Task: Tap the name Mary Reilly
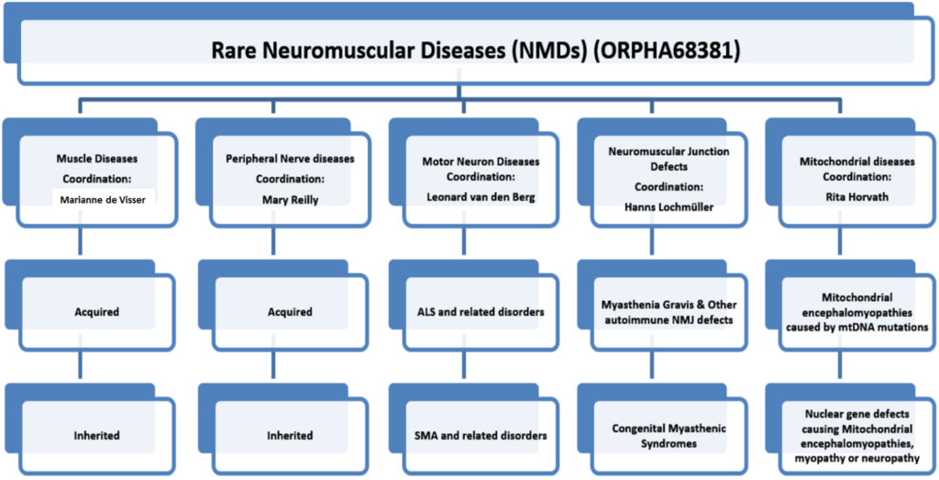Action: (289, 199)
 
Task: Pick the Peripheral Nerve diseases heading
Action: (290, 159)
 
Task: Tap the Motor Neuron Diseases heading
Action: (481, 162)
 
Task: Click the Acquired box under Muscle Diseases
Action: (96, 312)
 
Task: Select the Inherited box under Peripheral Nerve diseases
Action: (290, 434)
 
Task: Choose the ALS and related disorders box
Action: (481, 312)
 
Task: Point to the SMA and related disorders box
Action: (481, 434)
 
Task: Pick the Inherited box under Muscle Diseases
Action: (96, 434)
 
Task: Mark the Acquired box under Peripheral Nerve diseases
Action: (290, 312)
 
